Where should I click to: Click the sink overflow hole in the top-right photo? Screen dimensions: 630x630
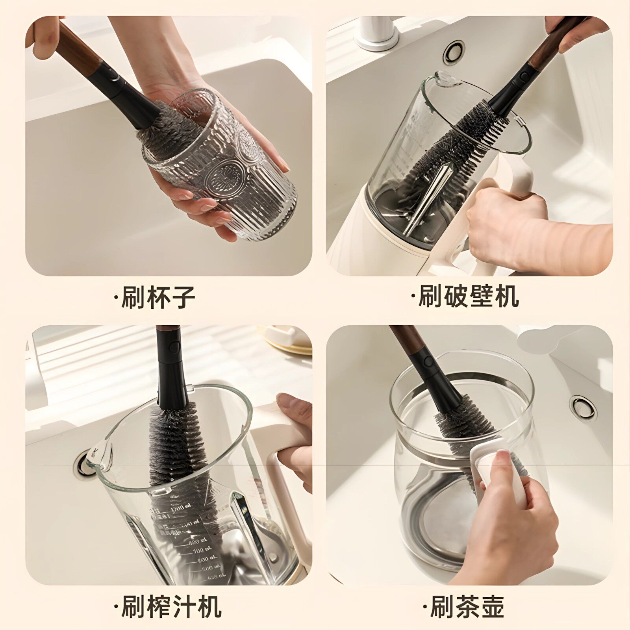tap(454, 51)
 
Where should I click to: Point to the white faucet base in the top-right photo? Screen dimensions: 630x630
tap(376, 33)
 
